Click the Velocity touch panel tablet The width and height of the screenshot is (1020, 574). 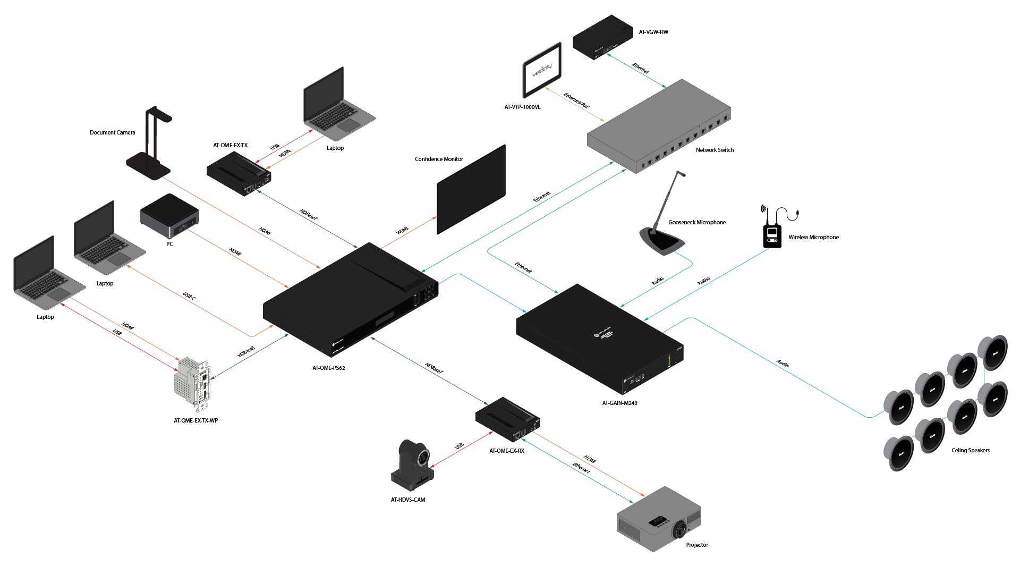542,70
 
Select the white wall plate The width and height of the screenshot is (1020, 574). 192,384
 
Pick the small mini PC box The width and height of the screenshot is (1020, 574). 169,215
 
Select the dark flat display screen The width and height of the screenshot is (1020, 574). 471,189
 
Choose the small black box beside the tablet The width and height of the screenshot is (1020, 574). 602,37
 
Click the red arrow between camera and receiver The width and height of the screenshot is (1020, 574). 461,450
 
